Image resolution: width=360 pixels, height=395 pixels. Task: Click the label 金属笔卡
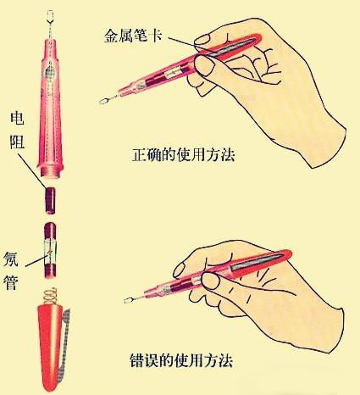coord(133,36)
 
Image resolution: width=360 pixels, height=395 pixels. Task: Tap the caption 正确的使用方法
coord(184,155)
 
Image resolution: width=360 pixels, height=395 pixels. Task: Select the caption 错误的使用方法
coord(181,360)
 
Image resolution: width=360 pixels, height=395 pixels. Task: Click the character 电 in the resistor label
coord(17,118)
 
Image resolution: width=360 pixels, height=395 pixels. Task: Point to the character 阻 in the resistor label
coord(17,142)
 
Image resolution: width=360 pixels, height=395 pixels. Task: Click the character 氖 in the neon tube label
coord(11,259)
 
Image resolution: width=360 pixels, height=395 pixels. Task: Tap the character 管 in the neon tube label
coord(11,282)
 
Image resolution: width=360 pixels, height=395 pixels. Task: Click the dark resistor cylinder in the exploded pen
coord(51,200)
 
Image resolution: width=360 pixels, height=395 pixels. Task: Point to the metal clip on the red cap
coord(67,346)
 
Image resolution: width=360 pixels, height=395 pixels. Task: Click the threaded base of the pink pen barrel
coord(51,172)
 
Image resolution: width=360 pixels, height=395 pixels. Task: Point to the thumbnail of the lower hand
coord(211,281)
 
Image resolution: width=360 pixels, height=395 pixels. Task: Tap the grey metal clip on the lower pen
coord(258,262)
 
